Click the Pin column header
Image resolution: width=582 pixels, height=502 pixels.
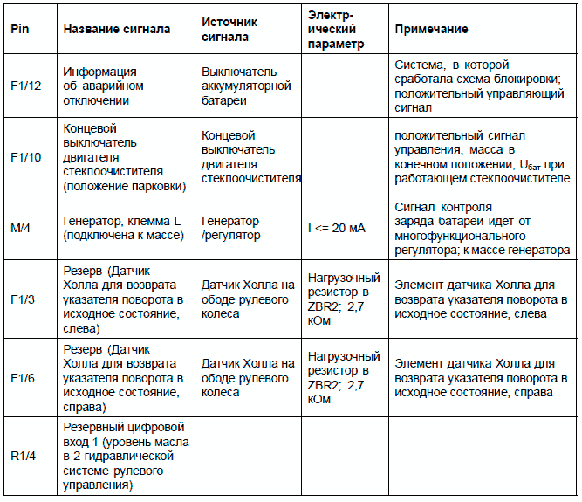(x=20, y=29)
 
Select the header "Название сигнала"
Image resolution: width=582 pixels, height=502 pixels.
(x=116, y=29)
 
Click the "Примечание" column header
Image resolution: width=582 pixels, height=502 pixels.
(x=431, y=29)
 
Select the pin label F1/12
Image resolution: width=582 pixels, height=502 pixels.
(x=27, y=87)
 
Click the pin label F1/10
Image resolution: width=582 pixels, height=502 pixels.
(x=27, y=156)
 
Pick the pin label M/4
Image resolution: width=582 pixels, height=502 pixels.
(x=23, y=229)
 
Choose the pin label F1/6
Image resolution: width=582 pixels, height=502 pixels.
(x=24, y=379)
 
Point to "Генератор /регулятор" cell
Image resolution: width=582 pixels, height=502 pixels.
(x=230, y=229)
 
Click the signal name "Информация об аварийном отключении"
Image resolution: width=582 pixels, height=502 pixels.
(x=101, y=86)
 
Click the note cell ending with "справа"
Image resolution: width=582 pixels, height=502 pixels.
(x=480, y=378)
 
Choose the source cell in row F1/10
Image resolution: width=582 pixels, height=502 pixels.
(x=251, y=157)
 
